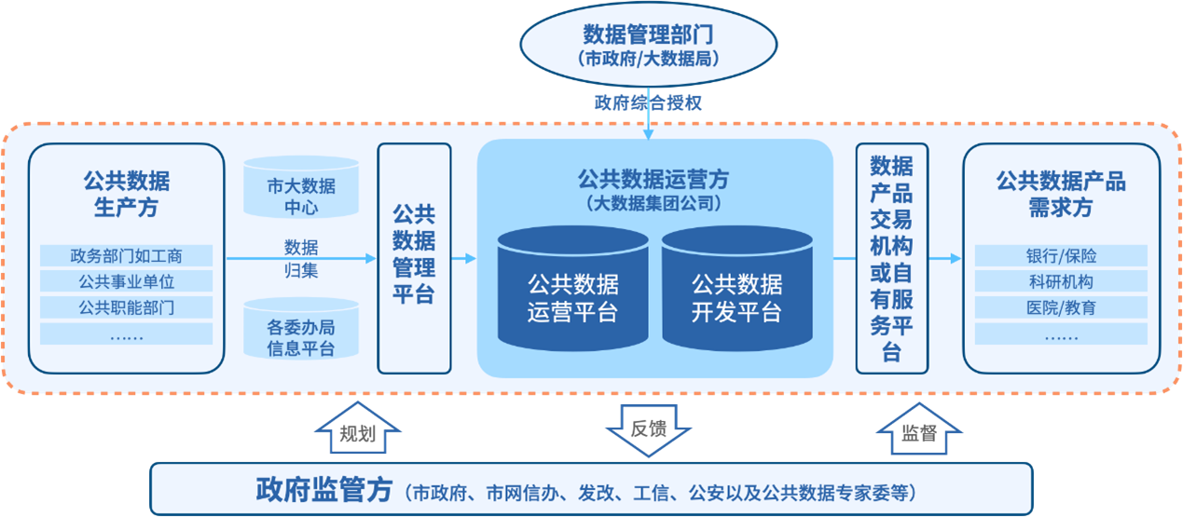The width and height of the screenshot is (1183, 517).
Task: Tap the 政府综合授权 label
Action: pyautogui.click(x=648, y=103)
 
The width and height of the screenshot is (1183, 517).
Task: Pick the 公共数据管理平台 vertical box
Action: pyautogui.click(x=414, y=256)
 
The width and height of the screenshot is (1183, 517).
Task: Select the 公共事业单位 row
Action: pyautogui.click(x=127, y=281)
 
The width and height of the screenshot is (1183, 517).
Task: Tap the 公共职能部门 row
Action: pyautogui.click(x=127, y=307)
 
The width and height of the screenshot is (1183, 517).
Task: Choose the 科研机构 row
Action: pyautogui.click(x=1060, y=281)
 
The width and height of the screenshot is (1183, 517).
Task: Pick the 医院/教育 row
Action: pyautogui.click(x=1060, y=307)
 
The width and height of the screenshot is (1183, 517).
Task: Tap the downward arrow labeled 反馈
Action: pyautogui.click(x=648, y=429)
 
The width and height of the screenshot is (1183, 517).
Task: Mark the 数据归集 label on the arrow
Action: pyautogui.click(x=300, y=259)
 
